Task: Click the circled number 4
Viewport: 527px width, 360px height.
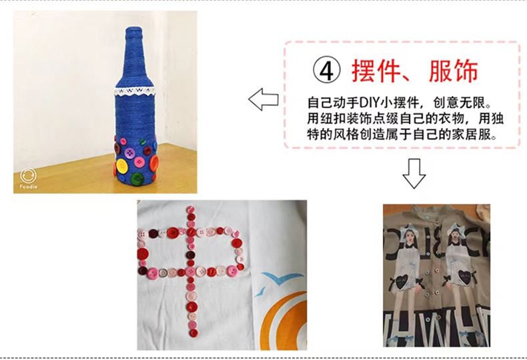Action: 326,71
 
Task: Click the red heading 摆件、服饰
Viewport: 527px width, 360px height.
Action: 415,71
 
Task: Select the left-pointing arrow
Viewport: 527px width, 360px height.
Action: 263,99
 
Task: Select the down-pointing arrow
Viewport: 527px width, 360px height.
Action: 414,173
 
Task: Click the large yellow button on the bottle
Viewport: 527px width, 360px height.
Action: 122,165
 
